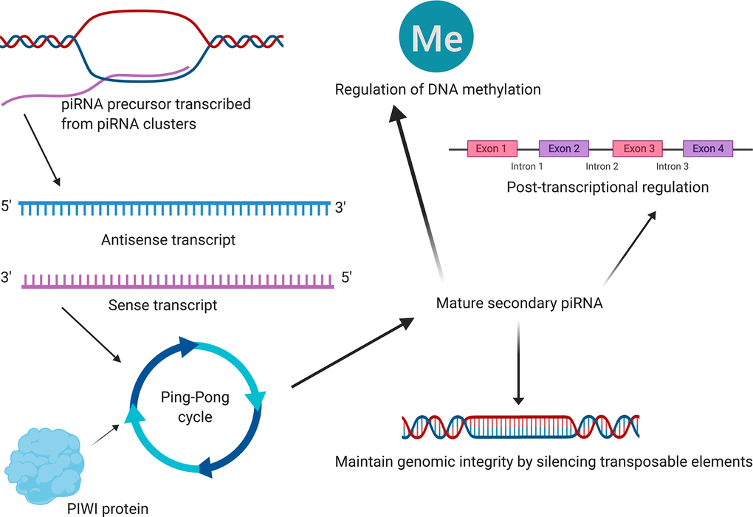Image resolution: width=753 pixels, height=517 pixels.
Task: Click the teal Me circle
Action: [436, 38]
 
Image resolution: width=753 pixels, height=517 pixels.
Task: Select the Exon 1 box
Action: [492, 148]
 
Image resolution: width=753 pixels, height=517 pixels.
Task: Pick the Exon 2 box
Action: [564, 148]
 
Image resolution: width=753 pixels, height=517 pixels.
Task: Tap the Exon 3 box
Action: [639, 148]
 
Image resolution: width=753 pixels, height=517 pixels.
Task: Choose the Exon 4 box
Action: [707, 148]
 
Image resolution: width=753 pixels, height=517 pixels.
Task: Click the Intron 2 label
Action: [602, 167]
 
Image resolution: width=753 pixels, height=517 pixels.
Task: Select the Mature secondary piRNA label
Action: [519, 303]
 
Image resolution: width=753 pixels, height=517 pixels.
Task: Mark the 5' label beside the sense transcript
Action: [345, 278]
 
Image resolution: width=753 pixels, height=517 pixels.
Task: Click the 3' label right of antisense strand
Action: [340, 208]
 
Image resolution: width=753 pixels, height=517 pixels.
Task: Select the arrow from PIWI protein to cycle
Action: [105, 435]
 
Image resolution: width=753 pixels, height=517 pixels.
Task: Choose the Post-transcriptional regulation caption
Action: [608, 187]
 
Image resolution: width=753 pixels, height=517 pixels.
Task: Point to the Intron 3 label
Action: [673, 167]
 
